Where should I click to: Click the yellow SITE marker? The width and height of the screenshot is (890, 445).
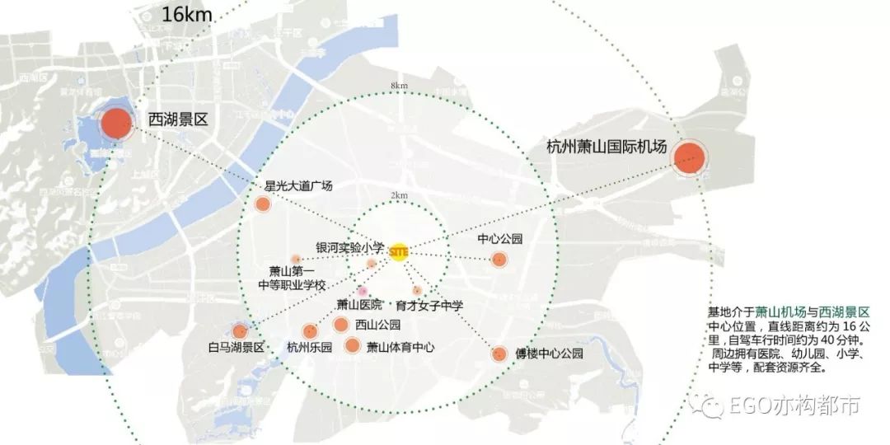coord(399,250)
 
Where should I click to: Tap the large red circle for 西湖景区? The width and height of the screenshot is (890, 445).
coord(116,124)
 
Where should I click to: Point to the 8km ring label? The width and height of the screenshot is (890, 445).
coord(400,86)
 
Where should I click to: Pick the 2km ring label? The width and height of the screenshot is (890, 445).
coord(400,195)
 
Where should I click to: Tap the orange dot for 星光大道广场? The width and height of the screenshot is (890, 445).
coord(263,204)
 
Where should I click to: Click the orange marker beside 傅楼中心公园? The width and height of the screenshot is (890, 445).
coord(499,354)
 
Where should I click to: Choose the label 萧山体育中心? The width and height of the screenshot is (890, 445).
coord(400,348)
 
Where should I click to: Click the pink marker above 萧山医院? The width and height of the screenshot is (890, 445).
coord(361,291)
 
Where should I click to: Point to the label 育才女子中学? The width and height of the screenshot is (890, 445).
coord(429,306)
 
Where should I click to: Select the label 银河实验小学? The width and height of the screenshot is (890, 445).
coord(350,247)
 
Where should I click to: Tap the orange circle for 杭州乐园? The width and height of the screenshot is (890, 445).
coord(311,330)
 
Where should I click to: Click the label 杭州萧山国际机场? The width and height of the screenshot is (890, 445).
coord(606,148)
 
